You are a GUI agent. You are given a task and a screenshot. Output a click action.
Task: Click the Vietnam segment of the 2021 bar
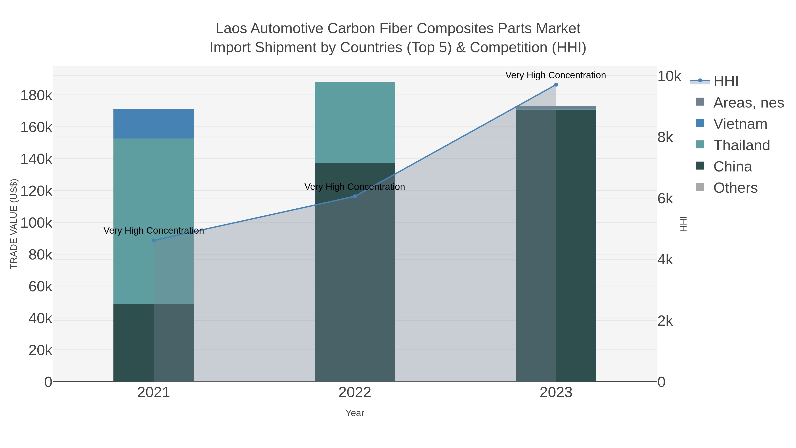(154, 124)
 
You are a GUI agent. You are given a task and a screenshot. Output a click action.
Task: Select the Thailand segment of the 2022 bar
(355, 122)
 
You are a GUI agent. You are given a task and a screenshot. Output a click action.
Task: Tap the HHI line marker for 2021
(154, 240)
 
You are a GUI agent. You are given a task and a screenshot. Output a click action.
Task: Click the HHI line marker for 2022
(355, 196)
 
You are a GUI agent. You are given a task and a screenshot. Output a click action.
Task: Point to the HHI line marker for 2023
(556, 85)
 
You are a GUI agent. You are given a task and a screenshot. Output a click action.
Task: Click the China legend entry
(732, 167)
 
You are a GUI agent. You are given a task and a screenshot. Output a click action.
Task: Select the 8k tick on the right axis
(665, 137)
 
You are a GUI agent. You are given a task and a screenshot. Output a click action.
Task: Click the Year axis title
(355, 413)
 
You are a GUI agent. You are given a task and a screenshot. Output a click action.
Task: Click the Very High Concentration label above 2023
(556, 75)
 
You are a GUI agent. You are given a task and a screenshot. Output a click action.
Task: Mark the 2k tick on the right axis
(665, 321)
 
